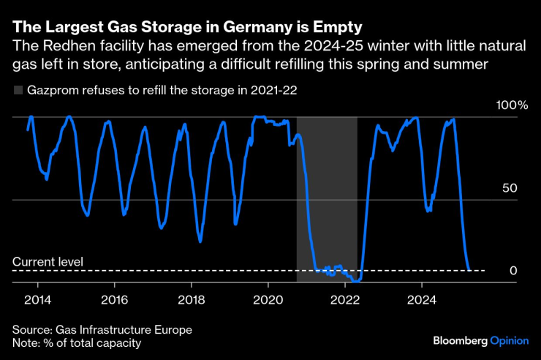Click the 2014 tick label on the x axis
click(x=37, y=300)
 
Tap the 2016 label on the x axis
click(x=114, y=300)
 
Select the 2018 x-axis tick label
click(x=191, y=300)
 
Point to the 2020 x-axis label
click(x=268, y=300)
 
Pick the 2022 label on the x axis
click(x=345, y=300)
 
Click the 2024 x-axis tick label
click(x=422, y=300)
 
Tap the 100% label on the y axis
click(x=512, y=105)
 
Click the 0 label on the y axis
click(x=513, y=271)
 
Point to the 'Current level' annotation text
click(x=48, y=261)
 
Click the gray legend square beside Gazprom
click(x=18, y=91)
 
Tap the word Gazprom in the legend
click(x=52, y=91)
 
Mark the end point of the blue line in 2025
click(x=469, y=269)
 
